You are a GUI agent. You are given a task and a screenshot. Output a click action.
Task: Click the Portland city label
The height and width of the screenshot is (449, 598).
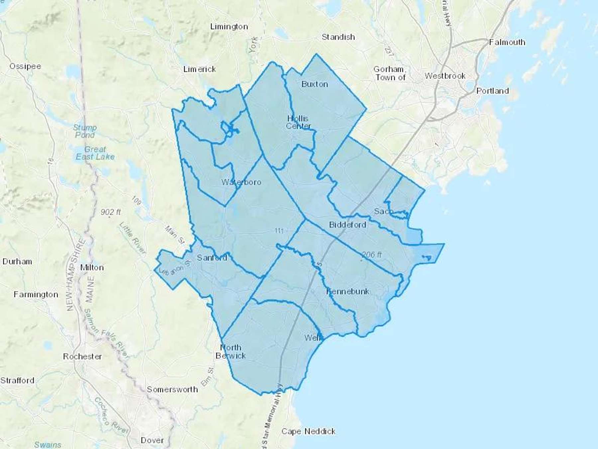(x=492, y=91)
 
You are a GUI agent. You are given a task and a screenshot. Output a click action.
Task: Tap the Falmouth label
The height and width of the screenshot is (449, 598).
(x=507, y=42)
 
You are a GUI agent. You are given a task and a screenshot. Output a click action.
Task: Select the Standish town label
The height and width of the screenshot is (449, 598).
(x=338, y=37)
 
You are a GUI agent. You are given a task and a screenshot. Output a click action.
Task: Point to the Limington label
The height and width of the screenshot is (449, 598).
(x=229, y=27)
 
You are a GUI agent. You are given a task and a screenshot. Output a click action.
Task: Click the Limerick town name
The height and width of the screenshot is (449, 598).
(x=199, y=69)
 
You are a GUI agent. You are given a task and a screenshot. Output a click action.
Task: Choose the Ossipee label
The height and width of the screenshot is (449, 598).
(x=25, y=66)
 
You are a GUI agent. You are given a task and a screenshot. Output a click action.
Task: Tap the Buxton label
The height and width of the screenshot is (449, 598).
(x=315, y=84)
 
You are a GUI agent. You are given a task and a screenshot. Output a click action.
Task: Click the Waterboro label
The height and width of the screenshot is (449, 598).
(x=241, y=182)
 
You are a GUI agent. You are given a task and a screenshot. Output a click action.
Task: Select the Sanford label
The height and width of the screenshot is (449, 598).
(x=212, y=257)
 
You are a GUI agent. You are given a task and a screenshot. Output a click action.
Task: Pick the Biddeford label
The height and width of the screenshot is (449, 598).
(x=348, y=225)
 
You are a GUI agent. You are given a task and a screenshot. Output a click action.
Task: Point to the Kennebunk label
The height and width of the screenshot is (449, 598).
(x=348, y=291)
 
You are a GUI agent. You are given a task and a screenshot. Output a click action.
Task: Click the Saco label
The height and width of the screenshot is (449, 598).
(x=383, y=211)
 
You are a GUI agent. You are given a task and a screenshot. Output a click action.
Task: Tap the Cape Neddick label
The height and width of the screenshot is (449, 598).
(x=308, y=431)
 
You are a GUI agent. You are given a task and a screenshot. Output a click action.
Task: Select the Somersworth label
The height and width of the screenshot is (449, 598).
(x=172, y=389)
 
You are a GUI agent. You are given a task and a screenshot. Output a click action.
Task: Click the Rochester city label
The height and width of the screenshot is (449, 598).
(x=82, y=357)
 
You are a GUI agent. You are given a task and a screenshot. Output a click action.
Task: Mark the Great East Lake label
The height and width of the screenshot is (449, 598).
(x=95, y=153)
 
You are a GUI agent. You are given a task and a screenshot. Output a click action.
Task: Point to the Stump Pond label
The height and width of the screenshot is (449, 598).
(x=85, y=131)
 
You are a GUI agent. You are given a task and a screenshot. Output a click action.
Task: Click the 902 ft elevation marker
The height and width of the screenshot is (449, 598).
(x=111, y=212)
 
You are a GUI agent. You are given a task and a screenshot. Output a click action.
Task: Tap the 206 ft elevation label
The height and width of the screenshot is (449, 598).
(x=371, y=255)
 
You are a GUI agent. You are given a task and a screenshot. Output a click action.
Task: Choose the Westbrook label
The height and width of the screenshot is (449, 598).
(x=445, y=76)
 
